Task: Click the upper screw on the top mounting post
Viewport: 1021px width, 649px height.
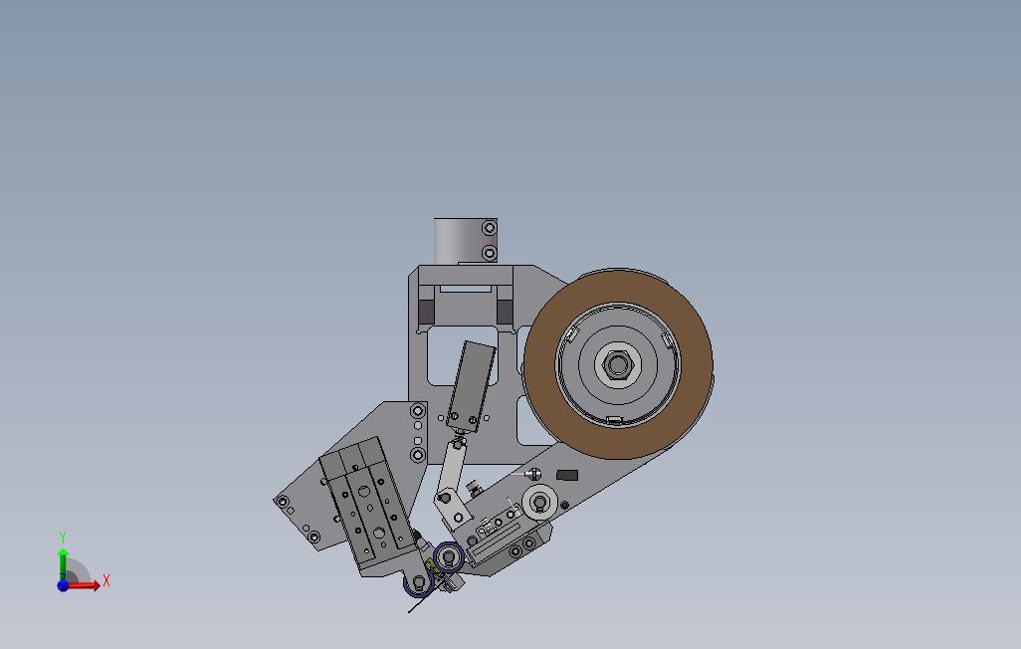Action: pos(489,229)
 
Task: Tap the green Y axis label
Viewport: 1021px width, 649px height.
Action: pos(63,538)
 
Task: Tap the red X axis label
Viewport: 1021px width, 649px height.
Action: pos(105,580)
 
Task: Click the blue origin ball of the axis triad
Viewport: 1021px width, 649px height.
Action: pos(63,585)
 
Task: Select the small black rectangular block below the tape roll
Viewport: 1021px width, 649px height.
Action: pos(567,476)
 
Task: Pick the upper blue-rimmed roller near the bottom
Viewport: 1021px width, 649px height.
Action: pos(447,557)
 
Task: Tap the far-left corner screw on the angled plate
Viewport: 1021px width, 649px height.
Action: pos(282,502)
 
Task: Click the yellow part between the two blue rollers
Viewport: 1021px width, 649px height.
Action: pos(431,568)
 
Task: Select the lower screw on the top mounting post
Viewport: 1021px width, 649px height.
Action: pos(489,253)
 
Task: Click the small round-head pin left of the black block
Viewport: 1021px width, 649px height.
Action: pos(534,473)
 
